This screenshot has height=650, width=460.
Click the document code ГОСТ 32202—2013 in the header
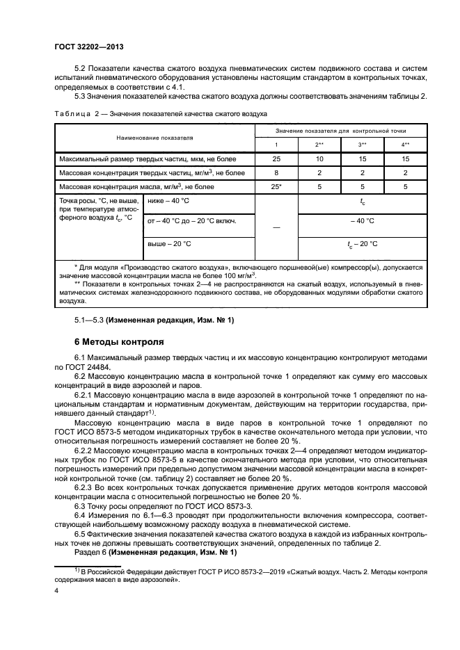point(93,47)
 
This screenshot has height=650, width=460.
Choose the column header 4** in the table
point(405,144)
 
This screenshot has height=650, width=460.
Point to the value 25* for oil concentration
point(276,186)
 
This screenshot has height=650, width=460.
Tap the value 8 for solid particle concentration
point(276,172)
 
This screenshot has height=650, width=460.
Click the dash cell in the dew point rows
point(276,227)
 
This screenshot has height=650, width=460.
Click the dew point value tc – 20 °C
point(362,244)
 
